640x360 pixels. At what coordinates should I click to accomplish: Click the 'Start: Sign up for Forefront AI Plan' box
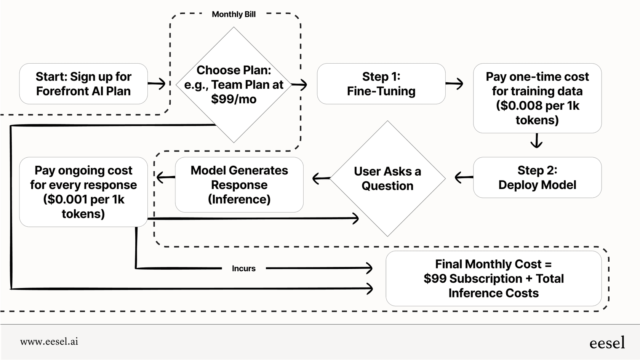click(x=83, y=84)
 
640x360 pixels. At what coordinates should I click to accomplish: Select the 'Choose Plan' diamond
click(x=234, y=85)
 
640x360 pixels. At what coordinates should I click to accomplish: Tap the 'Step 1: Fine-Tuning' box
click(x=381, y=84)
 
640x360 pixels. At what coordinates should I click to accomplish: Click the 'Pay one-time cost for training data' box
click(x=537, y=98)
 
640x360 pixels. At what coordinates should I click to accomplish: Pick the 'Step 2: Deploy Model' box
click(x=537, y=178)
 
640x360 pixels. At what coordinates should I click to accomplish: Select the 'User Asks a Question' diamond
click(x=387, y=178)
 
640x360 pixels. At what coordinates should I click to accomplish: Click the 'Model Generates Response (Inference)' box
click(x=239, y=185)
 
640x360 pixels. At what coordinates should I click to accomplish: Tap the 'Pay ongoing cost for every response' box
click(x=83, y=192)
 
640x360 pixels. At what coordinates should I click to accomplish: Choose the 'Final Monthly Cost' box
click(x=493, y=278)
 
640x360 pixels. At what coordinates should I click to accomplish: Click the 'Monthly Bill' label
click(x=234, y=14)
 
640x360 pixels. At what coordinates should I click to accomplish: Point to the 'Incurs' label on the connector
click(x=243, y=269)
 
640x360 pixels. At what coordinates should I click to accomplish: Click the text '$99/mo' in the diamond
click(x=234, y=99)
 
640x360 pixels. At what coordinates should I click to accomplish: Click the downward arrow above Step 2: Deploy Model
click(x=536, y=141)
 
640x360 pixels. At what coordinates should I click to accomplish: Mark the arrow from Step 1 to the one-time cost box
click(x=454, y=83)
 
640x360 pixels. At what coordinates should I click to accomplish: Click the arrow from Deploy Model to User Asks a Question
click(x=464, y=177)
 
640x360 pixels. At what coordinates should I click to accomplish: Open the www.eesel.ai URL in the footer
click(x=49, y=342)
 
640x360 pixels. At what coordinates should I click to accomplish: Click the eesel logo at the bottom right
click(x=607, y=342)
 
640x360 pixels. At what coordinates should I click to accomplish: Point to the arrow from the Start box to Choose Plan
click(x=157, y=83)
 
